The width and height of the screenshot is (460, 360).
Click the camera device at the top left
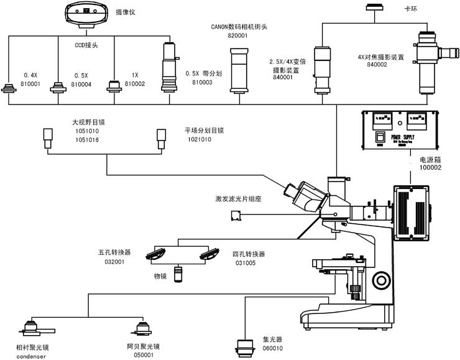pyautogui.click(x=86, y=13)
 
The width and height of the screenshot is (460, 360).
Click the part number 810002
pyautogui.click(x=135, y=83)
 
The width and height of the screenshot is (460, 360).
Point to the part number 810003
pyautogui.click(x=202, y=82)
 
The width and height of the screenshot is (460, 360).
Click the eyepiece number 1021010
pyautogui.click(x=198, y=140)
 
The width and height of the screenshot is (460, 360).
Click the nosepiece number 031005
pyautogui.click(x=244, y=262)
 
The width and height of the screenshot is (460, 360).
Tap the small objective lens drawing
pyautogui.click(x=179, y=274)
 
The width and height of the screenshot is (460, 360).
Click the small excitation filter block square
pyautogui.click(x=236, y=215)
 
